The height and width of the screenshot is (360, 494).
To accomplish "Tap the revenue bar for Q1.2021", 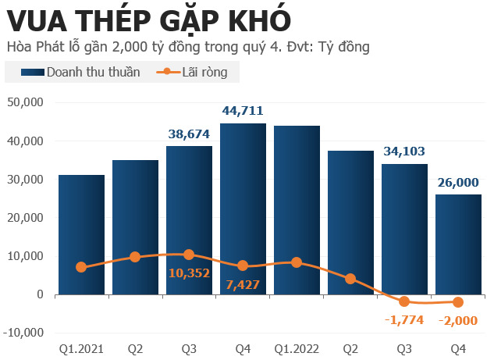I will (x=81, y=234).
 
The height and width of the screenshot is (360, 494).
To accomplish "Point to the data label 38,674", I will (x=189, y=134).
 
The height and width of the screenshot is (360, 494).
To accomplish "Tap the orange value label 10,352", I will (x=189, y=273).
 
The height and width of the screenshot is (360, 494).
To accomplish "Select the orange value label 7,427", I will (x=243, y=283).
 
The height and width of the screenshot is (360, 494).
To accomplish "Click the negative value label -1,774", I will (x=404, y=319).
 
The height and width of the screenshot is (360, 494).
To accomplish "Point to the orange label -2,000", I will (x=458, y=319).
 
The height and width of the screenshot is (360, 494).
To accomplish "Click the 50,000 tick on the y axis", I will (x=28, y=102).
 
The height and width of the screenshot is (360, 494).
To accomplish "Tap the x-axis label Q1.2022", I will (x=297, y=348).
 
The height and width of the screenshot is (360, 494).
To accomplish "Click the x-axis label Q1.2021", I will (x=81, y=348).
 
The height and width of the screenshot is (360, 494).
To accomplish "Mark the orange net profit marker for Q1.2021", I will (x=81, y=267).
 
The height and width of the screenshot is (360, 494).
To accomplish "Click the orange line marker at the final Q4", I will (x=458, y=302).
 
